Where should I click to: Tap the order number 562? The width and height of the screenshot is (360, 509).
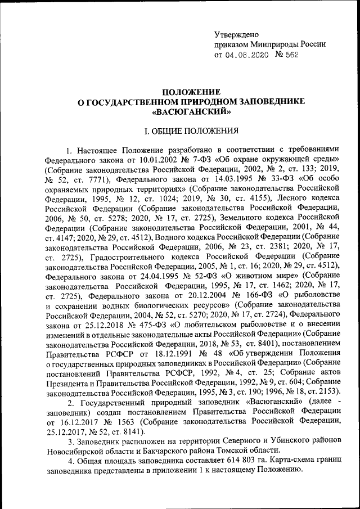[290, 55]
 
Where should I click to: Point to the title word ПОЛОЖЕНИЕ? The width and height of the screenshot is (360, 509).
[192, 92]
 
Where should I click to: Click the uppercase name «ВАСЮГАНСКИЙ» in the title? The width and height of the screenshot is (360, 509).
[192, 111]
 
